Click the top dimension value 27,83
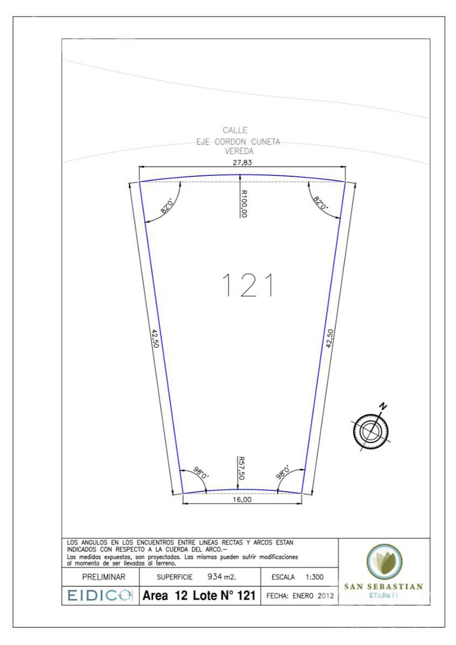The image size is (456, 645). coord(242,163)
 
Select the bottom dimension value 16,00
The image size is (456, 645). coord(242,499)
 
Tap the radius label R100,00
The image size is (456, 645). coord(243,204)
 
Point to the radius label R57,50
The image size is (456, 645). coord(241,468)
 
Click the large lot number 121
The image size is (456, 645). coord(248,285)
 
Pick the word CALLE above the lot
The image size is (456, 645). coord(235,131)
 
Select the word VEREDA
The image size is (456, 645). coord(239,151)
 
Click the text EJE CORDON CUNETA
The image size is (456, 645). coord(238,142)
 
